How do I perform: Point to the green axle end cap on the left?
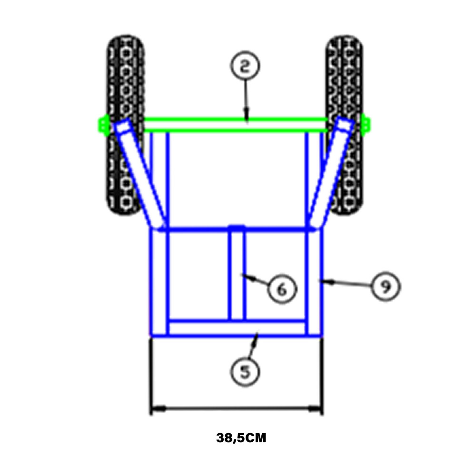click(x=104, y=125)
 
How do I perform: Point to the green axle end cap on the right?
click(x=366, y=125)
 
